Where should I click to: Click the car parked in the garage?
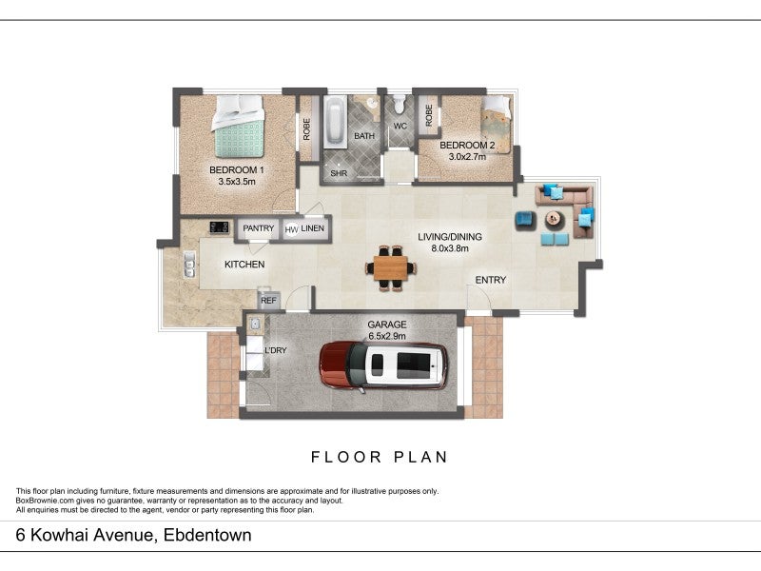(x=383, y=365)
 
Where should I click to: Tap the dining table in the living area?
(x=391, y=268)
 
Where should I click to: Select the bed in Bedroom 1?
(x=238, y=127)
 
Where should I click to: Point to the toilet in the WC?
(x=400, y=103)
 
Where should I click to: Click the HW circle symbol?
(x=291, y=229)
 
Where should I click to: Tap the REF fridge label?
(x=268, y=301)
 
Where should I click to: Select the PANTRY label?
(x=258, y=228)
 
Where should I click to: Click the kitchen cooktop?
(x=220, y=227)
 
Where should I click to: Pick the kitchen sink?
(x=189, y=265)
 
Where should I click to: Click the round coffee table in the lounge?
(x=555, y=220)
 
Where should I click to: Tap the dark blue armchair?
(x=525, y=220)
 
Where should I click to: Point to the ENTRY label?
(x=490, y=280)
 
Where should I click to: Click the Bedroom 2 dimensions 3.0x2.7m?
(x=467, y=157)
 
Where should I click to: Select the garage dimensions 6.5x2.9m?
(x=387, y=336)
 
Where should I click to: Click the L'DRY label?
(x=275, y=350)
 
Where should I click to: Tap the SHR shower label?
(x=339, y=173)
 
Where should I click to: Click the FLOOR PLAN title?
(x=379, y=457)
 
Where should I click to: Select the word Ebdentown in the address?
(x=207, y=535)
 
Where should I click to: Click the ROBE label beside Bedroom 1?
(x=306, y=129)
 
